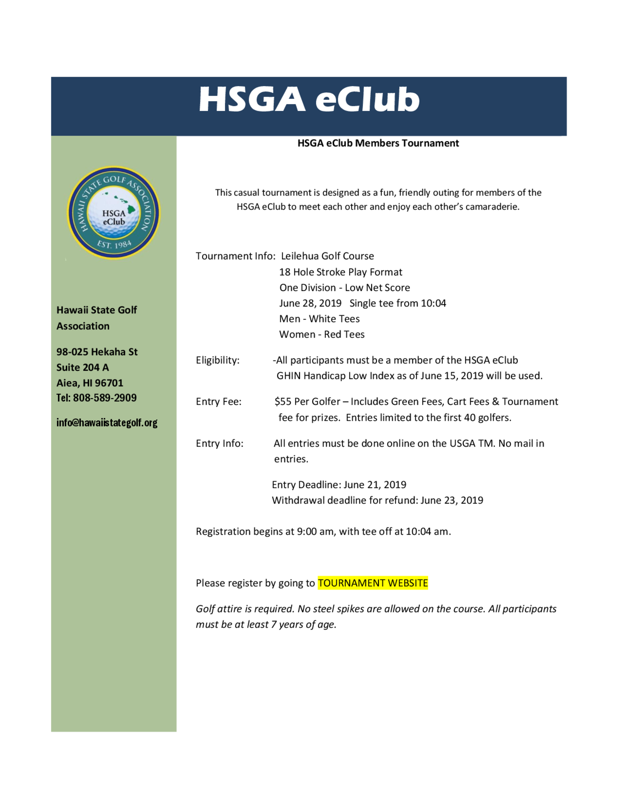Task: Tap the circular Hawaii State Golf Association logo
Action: tap(114, 213)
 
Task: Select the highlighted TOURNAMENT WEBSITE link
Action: tap(373, 583)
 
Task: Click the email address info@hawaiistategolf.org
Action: tap(107, 423)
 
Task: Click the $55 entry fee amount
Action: tap(283, 401)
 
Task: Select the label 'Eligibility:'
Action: tap(217, 360)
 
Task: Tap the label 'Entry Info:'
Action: tap(219, 443)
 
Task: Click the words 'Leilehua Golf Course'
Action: tap(328, 256)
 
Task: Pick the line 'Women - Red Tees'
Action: tap(322, 334)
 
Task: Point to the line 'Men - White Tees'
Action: tap(319, 319)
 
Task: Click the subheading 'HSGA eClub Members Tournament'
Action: tap(378, 143)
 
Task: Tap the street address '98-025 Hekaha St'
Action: tap(97, 352)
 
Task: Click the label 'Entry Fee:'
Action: tap(219, 401)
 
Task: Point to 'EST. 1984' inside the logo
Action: tap(114, 244)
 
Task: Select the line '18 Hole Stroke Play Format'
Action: tap(341, 272)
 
